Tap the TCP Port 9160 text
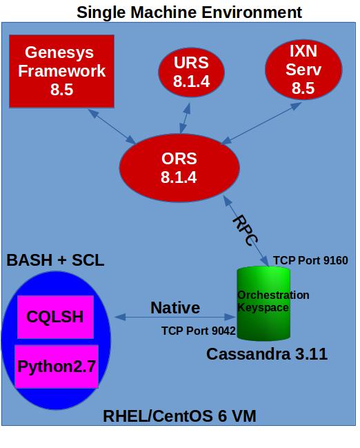310,260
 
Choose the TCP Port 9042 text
199,331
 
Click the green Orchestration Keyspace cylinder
263,304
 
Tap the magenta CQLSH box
55,317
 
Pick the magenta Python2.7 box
57,366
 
